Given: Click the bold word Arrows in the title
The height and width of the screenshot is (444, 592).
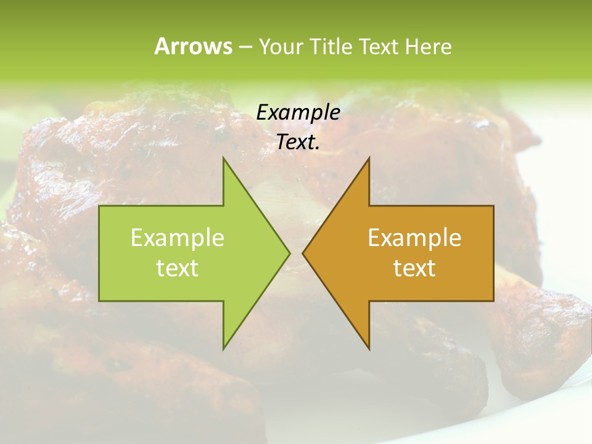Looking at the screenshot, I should pos(193,46).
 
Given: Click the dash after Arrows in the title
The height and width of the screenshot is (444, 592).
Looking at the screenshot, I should pos(245,47).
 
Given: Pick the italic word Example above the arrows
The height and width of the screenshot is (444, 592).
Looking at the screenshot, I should pos(298,113).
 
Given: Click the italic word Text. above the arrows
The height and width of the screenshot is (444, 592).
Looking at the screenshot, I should pos(298,142).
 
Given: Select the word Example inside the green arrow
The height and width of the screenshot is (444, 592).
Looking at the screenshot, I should pos(177,238).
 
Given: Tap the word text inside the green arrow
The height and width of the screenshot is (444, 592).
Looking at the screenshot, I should pos(177,268).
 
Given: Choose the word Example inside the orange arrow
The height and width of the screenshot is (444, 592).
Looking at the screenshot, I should pos(414,238).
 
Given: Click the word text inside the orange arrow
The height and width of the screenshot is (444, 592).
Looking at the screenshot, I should pos(414,268).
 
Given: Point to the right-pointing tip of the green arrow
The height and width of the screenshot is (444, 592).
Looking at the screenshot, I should pos(289,253).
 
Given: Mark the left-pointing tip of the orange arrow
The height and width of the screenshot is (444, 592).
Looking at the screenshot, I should pos(303,253).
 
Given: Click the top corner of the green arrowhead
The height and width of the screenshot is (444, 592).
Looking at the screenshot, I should pos(223,158).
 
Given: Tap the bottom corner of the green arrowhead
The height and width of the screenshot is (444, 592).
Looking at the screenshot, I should pos(223,349).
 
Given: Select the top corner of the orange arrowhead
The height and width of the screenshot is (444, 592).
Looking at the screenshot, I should pos(369,158).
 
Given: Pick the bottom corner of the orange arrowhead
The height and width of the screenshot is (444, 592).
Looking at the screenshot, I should pos(369,349).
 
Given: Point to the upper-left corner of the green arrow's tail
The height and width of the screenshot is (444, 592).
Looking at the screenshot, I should pos(99,206).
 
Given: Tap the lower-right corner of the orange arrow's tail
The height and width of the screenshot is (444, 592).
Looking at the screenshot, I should pos(493,301).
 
